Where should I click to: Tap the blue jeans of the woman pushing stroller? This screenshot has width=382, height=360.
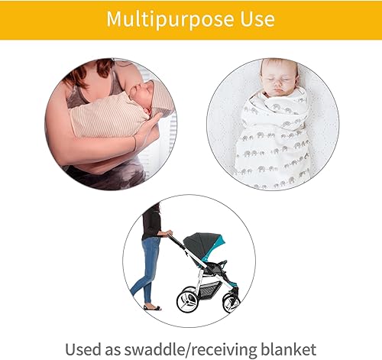coord(148,268)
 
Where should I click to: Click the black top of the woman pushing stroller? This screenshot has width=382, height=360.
coord(153,222)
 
